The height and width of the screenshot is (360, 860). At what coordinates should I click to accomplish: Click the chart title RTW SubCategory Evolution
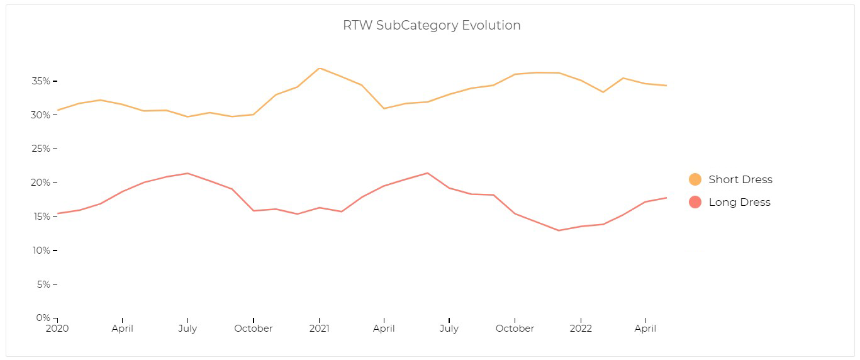tap(432, 26)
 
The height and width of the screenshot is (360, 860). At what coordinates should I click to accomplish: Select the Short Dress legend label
tap(740, 179)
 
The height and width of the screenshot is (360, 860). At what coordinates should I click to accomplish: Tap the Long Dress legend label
tap(739, 202)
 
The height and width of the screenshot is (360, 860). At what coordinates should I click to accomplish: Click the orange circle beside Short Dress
tap(695, 179)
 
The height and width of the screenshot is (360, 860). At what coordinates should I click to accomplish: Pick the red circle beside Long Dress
tap(695, 202)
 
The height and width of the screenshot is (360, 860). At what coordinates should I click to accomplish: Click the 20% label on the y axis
tap(42, 183)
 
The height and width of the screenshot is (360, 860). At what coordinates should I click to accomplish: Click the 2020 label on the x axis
tap(57, 329)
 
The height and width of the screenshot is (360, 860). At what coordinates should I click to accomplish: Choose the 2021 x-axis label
tap(319, 329)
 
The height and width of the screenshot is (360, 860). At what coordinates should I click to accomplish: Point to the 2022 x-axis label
tap(581, 329)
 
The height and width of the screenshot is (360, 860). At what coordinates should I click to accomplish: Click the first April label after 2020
tap(123, 329)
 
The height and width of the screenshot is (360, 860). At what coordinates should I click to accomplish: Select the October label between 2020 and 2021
tap(254, 329)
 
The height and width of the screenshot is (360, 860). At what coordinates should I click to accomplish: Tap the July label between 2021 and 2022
tap(449, 329)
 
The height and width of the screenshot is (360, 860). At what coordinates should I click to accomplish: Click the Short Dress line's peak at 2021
tap(320, 68)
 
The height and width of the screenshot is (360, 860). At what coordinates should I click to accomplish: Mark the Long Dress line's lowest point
tap(559, 230)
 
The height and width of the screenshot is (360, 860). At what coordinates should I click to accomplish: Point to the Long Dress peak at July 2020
tap(188, 173)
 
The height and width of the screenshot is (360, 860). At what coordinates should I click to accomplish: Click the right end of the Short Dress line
tap(667, 86)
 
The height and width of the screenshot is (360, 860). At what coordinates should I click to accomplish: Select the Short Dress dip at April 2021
tap(384, 108)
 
